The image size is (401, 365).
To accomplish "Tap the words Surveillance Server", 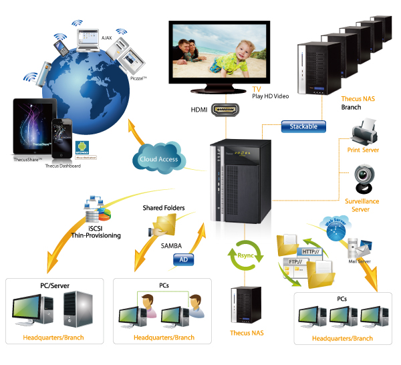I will pos(362,205).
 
